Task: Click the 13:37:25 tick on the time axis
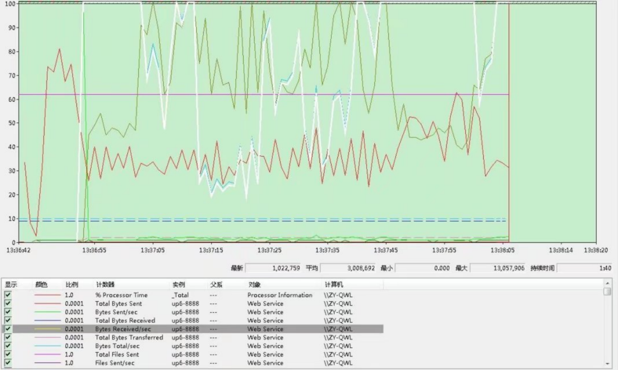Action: (x=269, y=250)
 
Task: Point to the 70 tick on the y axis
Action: (x=12, y=75)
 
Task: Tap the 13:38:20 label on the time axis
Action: (x=596, y=250)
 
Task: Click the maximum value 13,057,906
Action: (x=509, y=268)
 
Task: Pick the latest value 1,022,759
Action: (x=286, y=268)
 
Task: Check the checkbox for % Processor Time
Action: (x=8, y=295)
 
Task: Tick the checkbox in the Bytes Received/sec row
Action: (x=8, y=329)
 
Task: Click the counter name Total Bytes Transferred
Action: (x=129, y=337)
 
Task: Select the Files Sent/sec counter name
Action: (x=115, y=363)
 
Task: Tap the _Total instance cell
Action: (x=180, y=295)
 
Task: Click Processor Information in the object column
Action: (x=280, y=295)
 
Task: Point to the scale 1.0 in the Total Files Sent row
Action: (x=69, y=354)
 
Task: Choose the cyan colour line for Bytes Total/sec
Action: (x=47, y=346)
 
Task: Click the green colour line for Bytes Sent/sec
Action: (x=47, y=312)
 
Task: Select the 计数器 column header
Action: (x=105, y=284)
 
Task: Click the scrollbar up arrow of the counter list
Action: (x=607, y=283)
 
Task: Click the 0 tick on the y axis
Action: (x=13, y=243)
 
